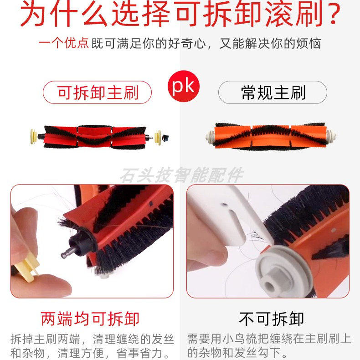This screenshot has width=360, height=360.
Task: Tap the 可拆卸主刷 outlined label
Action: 97,93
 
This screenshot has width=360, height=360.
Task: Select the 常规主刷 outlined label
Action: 273,93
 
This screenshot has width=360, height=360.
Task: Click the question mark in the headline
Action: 331,15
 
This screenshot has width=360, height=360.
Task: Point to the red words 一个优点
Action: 64,44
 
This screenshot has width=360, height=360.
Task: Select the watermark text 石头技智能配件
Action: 181,175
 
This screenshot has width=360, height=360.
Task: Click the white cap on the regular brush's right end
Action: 332,136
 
